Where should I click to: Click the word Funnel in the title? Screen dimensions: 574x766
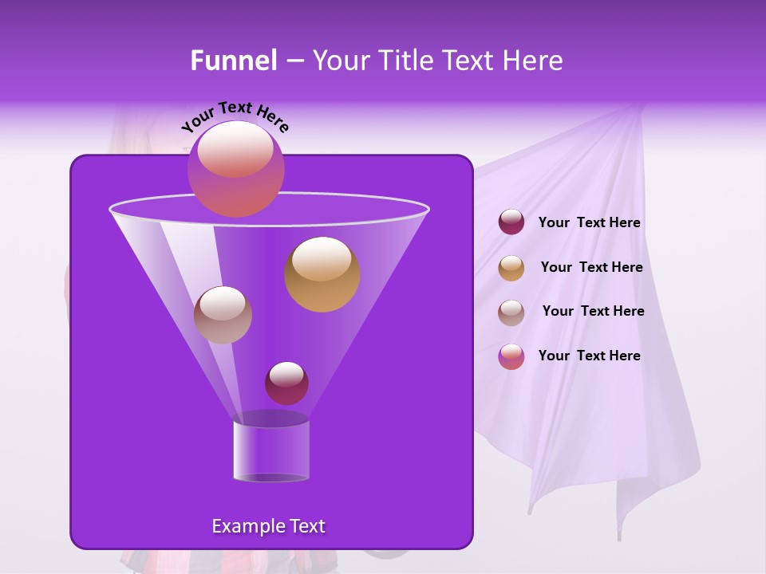[233, 61]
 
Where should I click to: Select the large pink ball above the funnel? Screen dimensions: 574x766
[235, 168]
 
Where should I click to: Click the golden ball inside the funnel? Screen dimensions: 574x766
[322, 273]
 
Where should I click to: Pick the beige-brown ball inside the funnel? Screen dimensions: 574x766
[223, 315]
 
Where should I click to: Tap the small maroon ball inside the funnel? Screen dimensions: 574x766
[286, 383]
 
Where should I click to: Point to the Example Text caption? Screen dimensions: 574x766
[268, 526]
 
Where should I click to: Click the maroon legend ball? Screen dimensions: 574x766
[511, 222]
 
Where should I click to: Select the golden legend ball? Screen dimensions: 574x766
[511, 268]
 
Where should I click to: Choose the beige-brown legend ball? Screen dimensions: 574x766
[511, 312]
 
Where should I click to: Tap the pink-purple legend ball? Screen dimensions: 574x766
[511, 356]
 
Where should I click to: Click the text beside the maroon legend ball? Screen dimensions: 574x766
[589, 223]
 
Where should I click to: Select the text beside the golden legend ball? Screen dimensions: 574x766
[591, 268]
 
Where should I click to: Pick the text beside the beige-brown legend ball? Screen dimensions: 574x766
[593, 312]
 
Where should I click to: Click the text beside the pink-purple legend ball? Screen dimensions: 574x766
[589, 356]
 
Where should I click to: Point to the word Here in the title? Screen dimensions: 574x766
[534, 61]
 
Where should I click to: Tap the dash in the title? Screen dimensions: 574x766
[294, 61]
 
